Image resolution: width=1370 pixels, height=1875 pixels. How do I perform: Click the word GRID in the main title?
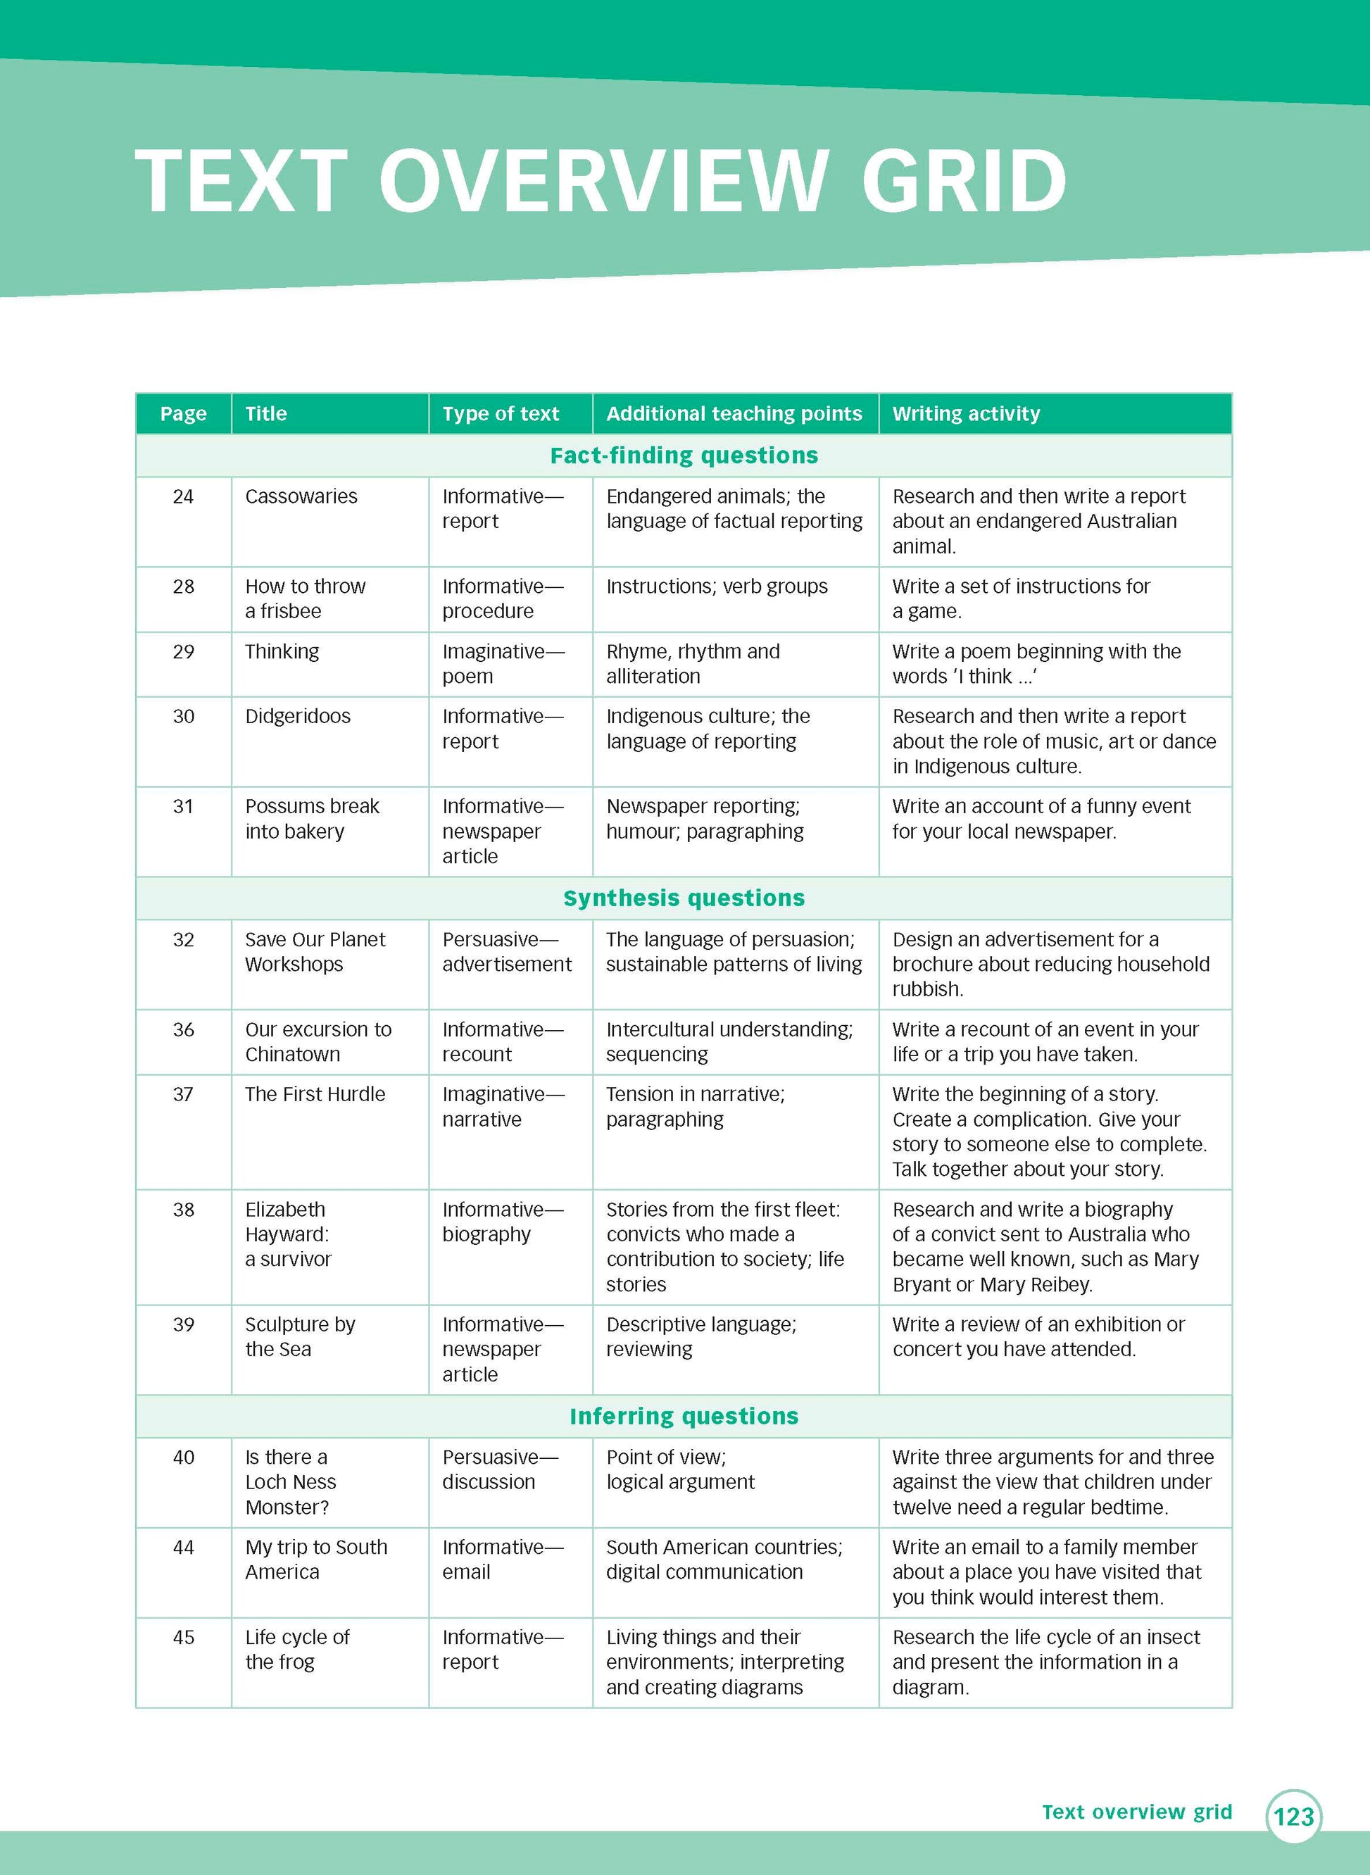[964, 180]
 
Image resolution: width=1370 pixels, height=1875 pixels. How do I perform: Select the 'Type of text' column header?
[500, 414]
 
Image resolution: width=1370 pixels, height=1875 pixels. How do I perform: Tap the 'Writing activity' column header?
[965, 414]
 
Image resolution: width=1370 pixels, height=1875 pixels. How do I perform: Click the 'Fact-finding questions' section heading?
[684, 456]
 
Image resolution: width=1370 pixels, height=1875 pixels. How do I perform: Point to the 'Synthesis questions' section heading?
[684, 898]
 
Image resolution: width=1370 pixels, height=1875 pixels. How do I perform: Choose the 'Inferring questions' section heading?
[684, 1417]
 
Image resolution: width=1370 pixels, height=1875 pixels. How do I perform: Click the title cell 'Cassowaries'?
[301, 497]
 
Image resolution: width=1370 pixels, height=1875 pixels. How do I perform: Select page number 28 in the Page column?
[183, 587]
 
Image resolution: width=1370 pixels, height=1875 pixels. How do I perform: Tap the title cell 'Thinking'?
[282, 652]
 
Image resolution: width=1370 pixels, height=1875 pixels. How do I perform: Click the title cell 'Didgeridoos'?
[298, 717]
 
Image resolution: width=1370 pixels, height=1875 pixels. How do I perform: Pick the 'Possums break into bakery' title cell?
[312, 818]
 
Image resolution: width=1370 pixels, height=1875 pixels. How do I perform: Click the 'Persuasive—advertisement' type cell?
[507, 952]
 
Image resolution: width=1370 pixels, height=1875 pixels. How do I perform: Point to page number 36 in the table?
[183, 1030]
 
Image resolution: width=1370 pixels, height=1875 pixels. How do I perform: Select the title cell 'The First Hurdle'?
[315, 1095]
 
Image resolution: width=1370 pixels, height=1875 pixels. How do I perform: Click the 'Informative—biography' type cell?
[503, 1222]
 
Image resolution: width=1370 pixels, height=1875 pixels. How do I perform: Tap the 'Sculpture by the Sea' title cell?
[299, 1337]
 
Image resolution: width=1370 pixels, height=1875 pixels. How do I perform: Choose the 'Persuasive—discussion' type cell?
[500, 1469]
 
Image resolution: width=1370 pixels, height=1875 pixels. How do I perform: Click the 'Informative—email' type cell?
[503, 1559]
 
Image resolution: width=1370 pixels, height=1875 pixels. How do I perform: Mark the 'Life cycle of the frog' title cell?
[297, 1650]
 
